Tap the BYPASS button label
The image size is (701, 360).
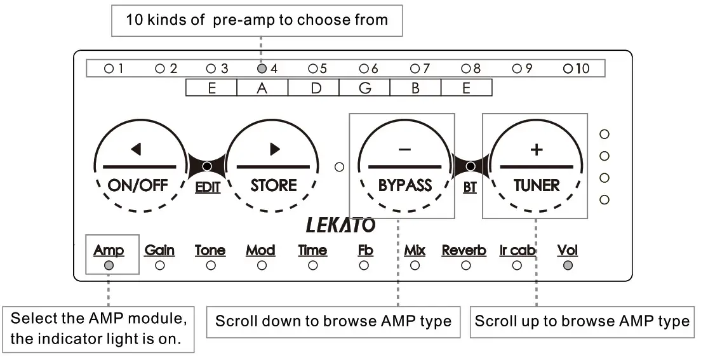(x=404, y=185)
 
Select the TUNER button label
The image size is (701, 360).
(x=537, y=185)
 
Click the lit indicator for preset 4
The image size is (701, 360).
(x=262, y=69)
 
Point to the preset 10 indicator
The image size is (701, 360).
(x=567, y=69)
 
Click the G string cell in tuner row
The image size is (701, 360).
(x=364, y=88)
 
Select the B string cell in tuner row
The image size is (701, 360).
(x=415, y=88)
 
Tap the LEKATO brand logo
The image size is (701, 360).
(x=341, y=225)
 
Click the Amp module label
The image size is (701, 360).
(x=109, y=250)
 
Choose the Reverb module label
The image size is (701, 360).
(x=464, y=250)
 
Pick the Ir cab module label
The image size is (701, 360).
(x=517, y=250)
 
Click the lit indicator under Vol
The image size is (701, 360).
(x=568, y=265)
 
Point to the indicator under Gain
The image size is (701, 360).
(x=159, y=265)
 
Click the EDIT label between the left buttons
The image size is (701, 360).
(x=207, y=189)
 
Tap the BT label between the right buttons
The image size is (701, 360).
(x=470, y=189)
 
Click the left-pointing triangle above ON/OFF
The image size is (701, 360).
(x=135, y=149)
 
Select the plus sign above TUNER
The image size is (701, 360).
(x=537, y=149)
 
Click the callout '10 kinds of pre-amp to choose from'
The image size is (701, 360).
(x=257, y=20)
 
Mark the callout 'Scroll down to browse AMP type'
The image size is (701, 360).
(x=333, y=321)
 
